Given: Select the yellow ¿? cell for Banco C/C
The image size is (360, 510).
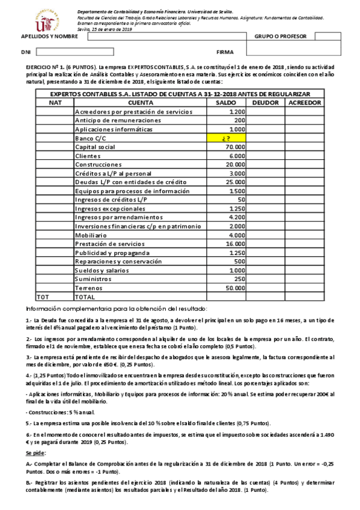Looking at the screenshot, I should click(x=227, y=138).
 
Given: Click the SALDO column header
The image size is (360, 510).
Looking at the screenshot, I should click(x=227, y=103).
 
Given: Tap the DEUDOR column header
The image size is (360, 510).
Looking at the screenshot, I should click(x=265, y=103).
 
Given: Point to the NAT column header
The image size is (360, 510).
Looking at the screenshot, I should click(x=55, y=103).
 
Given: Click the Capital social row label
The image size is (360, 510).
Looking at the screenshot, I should click(x=94, y=147).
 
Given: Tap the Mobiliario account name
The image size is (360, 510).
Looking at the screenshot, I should click(x=92, y=235).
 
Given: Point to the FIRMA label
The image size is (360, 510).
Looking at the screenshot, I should click(x=224, y=52).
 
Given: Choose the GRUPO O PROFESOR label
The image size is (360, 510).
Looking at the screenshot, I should click(x=280, y=37).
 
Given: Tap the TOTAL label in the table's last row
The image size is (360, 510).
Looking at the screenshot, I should click(x=85, y=296).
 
